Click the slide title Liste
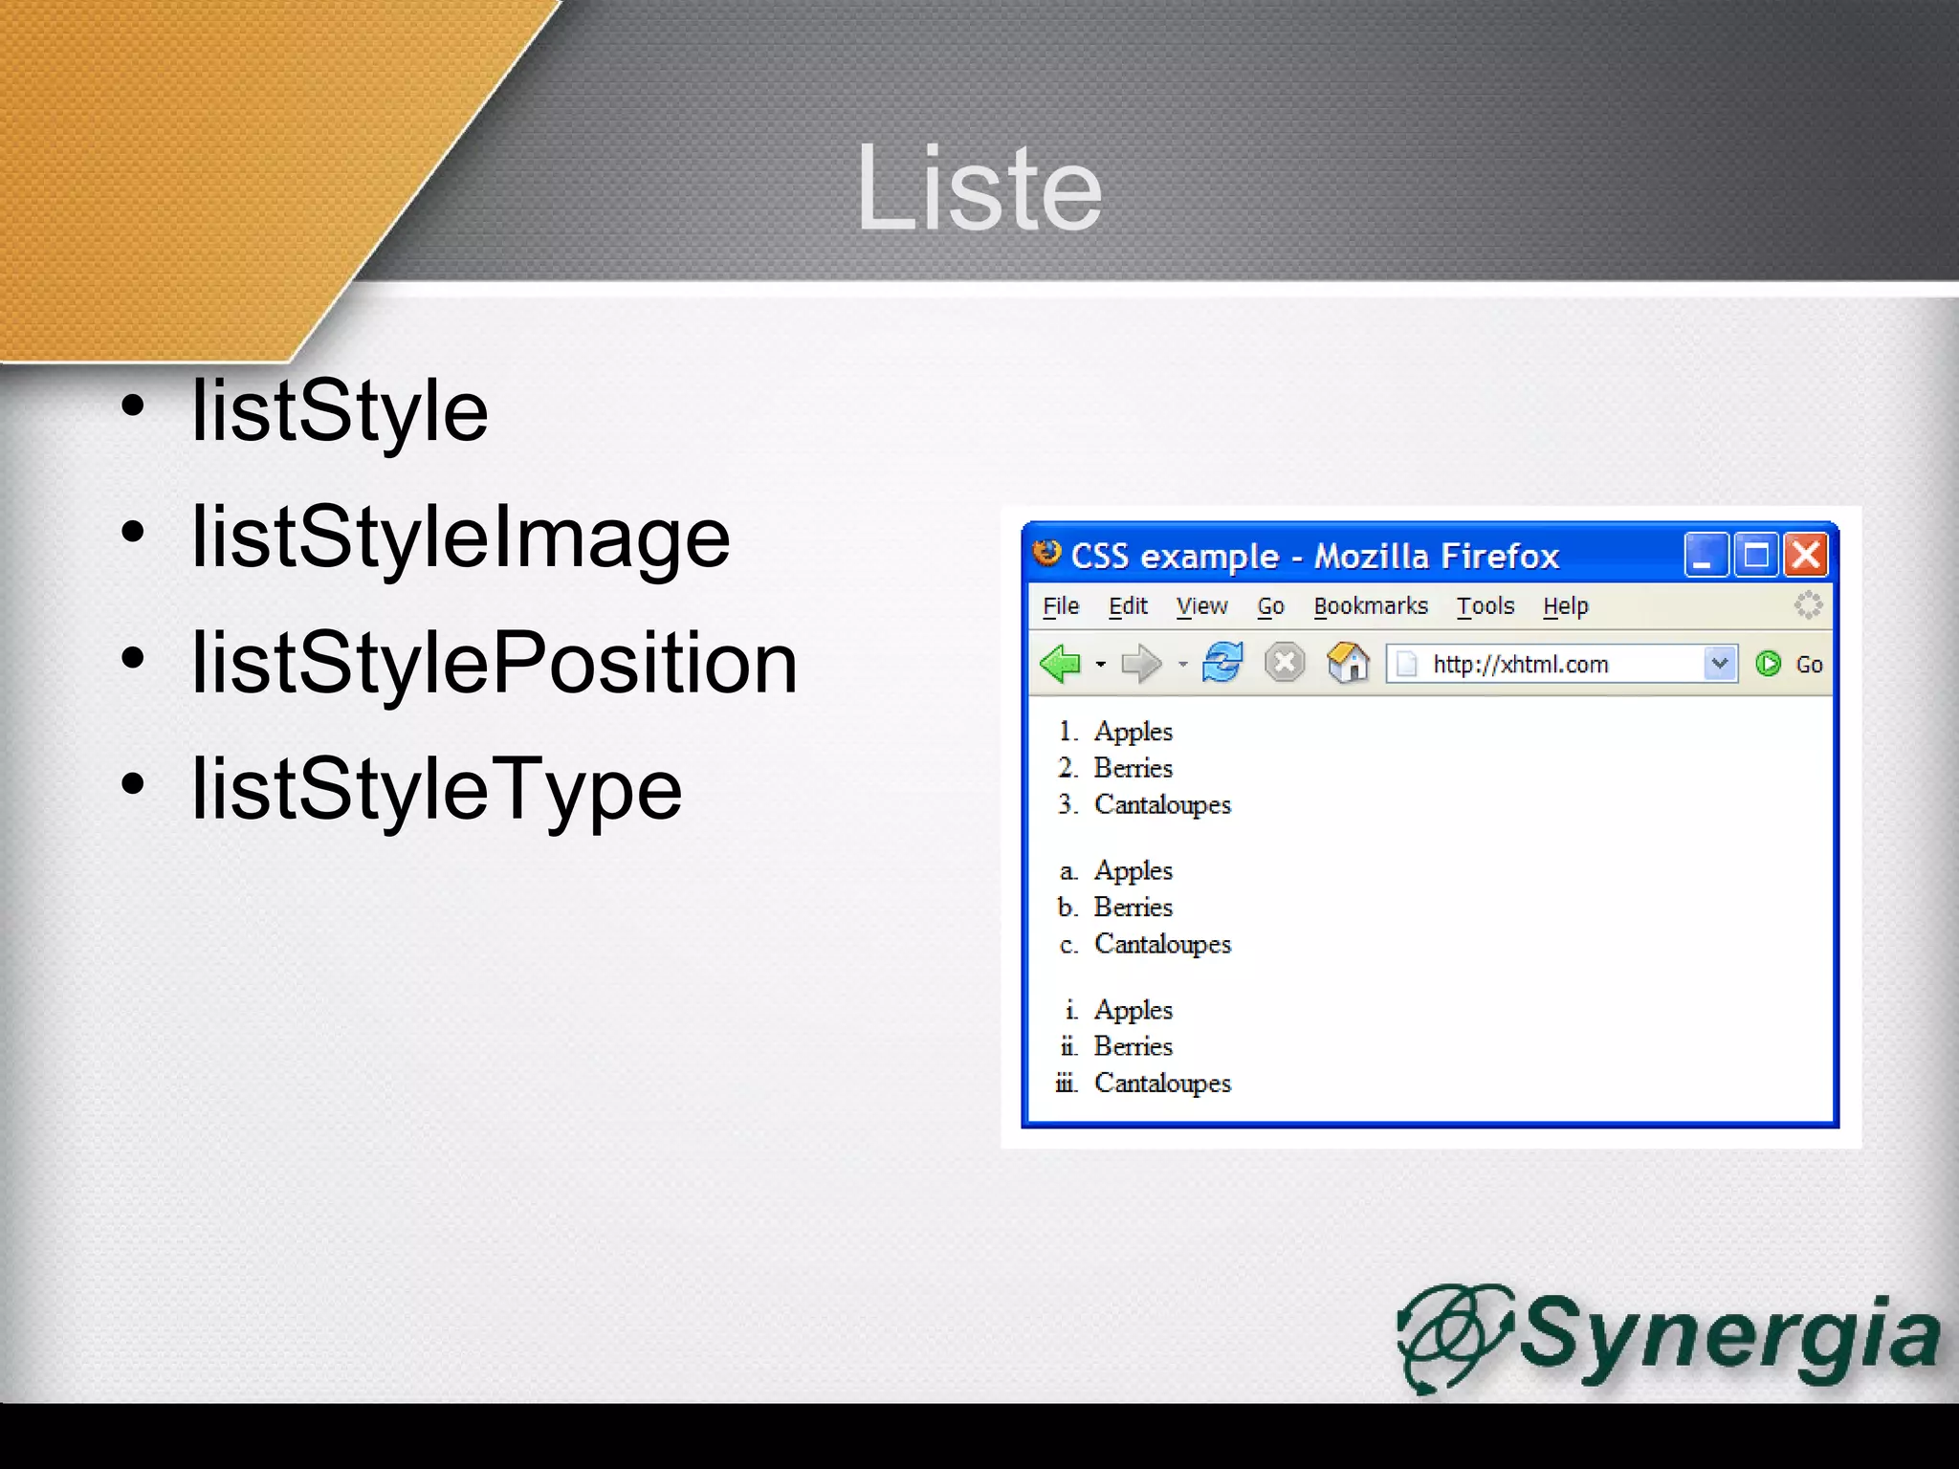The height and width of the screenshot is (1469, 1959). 979,188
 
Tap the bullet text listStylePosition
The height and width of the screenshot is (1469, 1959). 494,664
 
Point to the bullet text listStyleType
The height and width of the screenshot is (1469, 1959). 436,790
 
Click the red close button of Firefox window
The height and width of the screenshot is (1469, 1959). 1806,555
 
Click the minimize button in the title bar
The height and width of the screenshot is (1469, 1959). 1705,555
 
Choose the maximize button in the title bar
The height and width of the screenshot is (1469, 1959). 1755,555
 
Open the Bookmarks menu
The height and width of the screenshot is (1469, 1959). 1370,606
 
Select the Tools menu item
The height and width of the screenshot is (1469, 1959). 1485,606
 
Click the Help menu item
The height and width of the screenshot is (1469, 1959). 1565,606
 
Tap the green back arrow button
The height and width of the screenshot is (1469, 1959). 1060,663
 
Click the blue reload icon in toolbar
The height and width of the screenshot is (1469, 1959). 1222,662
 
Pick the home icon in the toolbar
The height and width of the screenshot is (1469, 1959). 1347,662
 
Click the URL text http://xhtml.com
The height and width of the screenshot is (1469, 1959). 1520,664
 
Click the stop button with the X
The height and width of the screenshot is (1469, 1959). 1285,662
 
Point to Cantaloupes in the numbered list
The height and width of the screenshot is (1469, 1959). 1162,805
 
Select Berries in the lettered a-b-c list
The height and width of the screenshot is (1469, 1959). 1133,907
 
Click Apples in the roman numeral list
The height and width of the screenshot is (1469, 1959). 1133,1010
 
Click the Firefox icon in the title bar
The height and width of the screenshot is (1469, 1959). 1047,554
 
